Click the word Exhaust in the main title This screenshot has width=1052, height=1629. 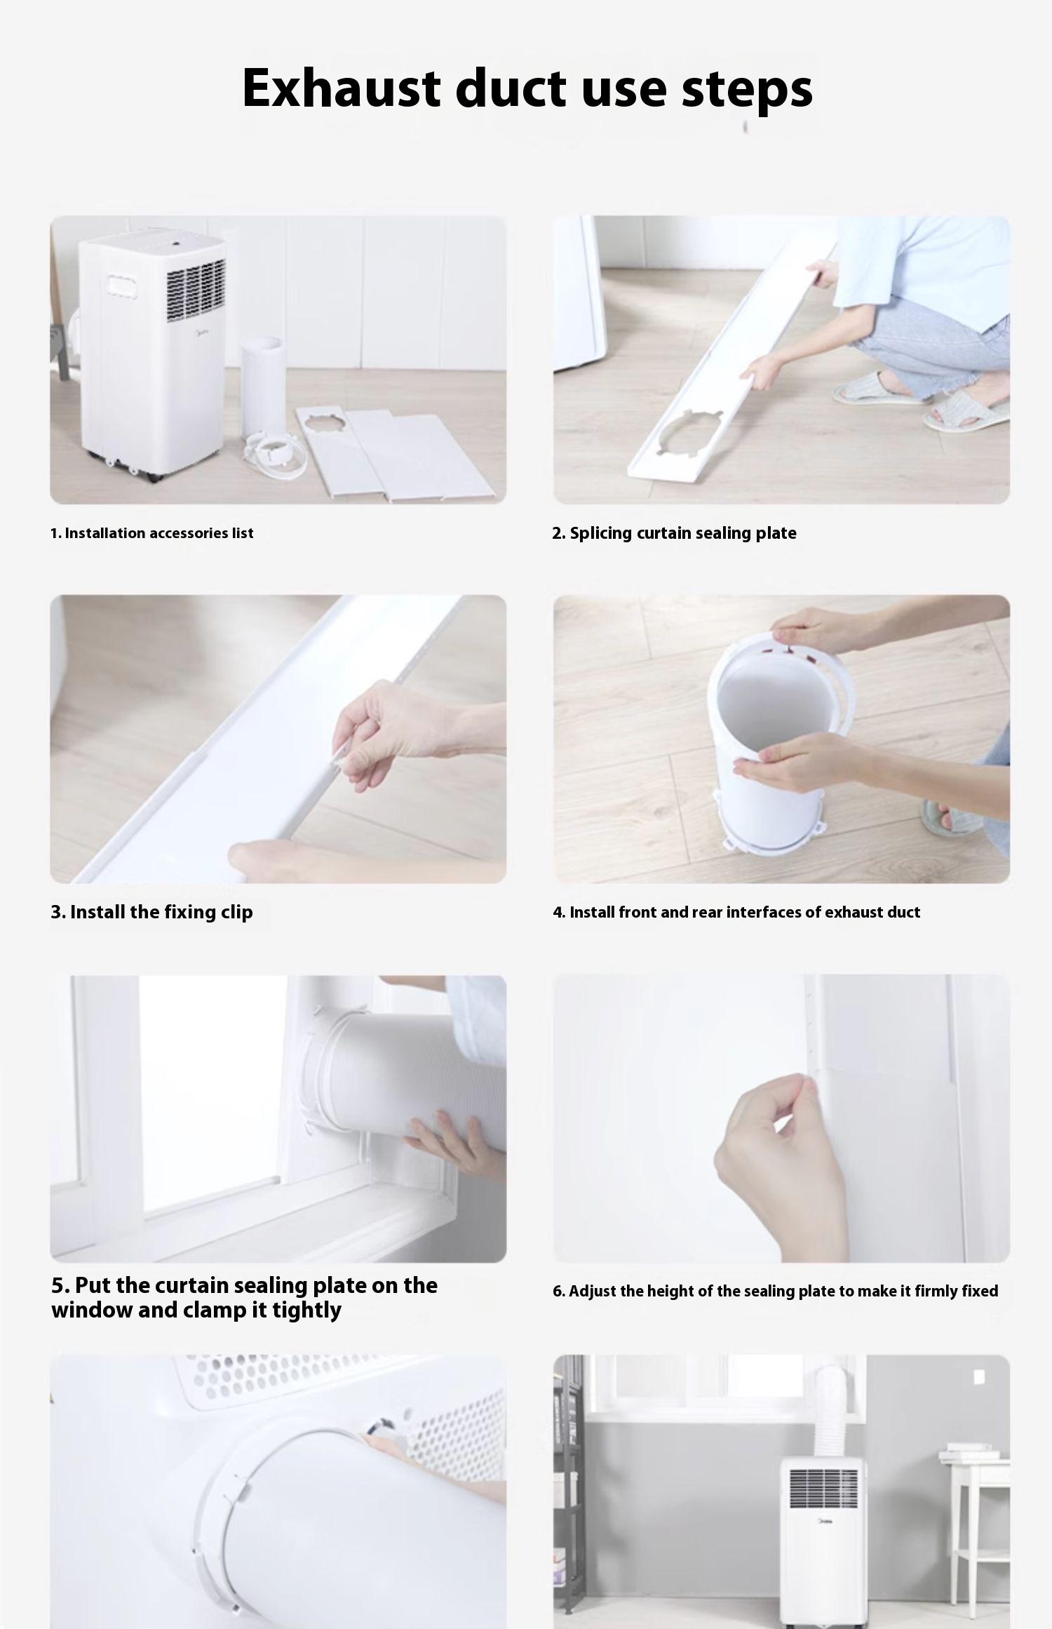click(341, 88)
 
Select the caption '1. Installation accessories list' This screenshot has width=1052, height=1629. click(151, 533)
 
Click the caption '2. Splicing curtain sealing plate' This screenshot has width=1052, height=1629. click(674, 533)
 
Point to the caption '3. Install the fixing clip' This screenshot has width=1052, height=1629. click(151, 912)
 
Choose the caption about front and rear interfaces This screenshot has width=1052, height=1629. click(736, 912)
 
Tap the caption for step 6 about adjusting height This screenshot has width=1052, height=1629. click(775, 1291)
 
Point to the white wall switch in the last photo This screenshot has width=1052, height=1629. click(979, 1378)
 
